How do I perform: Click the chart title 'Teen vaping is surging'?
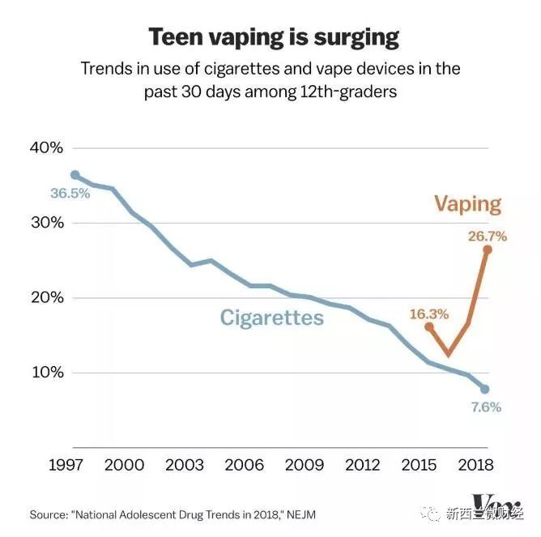click(273, 36)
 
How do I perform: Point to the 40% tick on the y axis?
click(45, 147)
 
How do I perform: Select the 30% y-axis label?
click(45, 223)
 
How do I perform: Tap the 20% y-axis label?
click(45, 297)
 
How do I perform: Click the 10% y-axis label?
click(45, 373)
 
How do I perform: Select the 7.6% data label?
click(487, 407)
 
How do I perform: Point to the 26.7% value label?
click(487, 237)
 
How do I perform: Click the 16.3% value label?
click(429, 313)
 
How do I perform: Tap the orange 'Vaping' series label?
click(468, 203)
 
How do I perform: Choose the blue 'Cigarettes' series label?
click(272, 318)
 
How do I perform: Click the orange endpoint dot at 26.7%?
click(487, 249)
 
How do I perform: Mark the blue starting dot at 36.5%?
click(75, 175)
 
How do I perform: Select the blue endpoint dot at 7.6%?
click(484, 389)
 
